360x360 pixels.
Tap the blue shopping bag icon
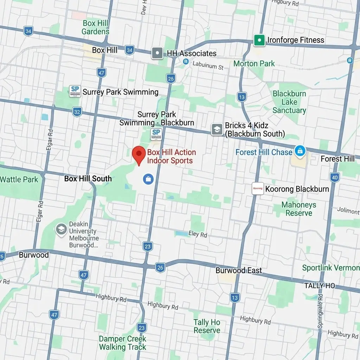[x=148, y=179]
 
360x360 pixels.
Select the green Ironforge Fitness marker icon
[x=259, y=40]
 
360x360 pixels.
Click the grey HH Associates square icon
[x=157, y=53]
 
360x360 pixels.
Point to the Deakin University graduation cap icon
[x=61, y=230]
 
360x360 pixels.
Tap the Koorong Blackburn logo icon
[x=258, y=189]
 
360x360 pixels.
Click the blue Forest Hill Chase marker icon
[x=300, y=151]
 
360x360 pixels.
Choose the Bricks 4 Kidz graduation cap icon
[x=217, y=129]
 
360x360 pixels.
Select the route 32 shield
[x=77, y=112]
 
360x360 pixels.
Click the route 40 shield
[x=335, y=177]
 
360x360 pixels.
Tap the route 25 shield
[x=171, y=78]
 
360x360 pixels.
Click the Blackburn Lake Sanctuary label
[x=289, y=102]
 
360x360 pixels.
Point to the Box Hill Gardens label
[x=95, y=27]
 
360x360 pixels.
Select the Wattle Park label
[x=19, y=180]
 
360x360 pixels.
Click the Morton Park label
[x=254, y=64]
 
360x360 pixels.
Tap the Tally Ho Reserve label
[x=207, y=326]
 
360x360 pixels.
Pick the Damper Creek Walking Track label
[x=122, y=343]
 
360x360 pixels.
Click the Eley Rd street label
[x=198, y=234]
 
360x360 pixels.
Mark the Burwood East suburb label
[x=239, y=270]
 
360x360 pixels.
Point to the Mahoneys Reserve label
[x=299, y=209]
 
